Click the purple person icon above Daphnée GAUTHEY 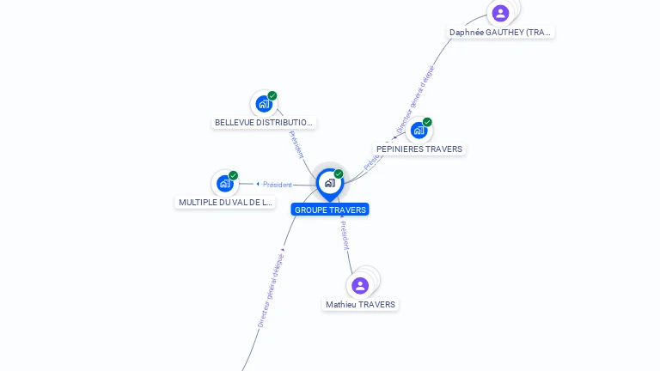coord(500,13)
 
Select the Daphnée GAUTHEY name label coord(501,33)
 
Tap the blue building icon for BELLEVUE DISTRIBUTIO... coord(264,104)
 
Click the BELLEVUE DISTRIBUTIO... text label coord(264,123)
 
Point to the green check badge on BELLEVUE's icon coord(272,95)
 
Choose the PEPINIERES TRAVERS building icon coord(419,131)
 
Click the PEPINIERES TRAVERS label coord(419,149)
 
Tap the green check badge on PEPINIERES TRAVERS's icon coord(427,122)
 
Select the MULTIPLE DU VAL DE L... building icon coord(225,183)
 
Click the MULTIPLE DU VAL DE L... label coord(225,203)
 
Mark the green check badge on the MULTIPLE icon coord(233,175)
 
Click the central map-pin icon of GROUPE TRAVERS coord(329,183)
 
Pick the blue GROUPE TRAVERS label coord(330,210)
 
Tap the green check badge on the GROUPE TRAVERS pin coord(339,174)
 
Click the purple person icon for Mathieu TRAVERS coord(360,285)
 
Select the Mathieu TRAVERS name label coord(361,305)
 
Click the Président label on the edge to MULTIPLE coord(278,185)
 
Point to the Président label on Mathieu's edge coord(345,235)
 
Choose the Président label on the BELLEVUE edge coord(296,143)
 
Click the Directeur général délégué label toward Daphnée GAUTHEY coord(416,100)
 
